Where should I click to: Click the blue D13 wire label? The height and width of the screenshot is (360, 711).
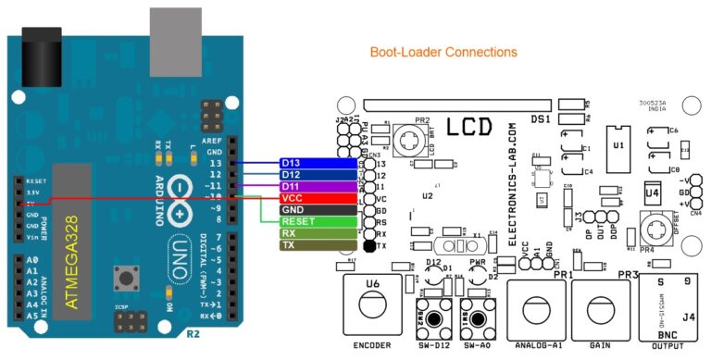click(314, 164)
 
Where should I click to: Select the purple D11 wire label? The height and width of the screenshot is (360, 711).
click(314, 187)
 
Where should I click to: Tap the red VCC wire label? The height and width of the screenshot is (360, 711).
click(314, 199)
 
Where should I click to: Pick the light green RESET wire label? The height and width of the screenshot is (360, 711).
click(314, 222)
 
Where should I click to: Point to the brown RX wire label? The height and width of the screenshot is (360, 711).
click(314, 234)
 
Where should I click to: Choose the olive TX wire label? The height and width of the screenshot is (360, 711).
click(314, 246)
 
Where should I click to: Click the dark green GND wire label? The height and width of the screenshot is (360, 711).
click(314, 211)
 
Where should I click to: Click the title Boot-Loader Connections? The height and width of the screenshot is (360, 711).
click(443, 53)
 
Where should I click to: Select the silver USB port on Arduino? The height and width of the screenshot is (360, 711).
click(175, 37)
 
